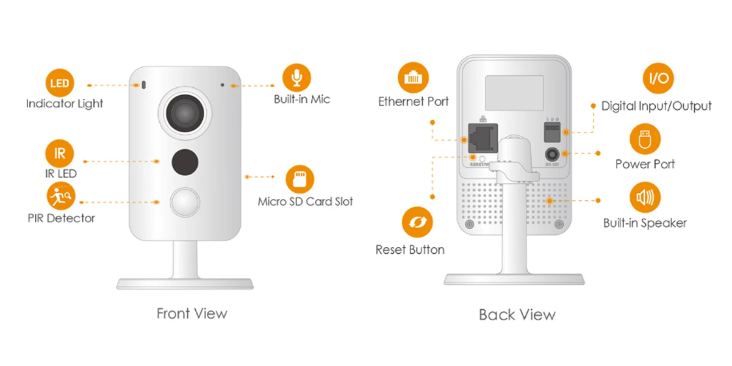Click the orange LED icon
pyautogui.click(x=60, y=83)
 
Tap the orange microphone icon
pyautogui.click(x=296, y=78)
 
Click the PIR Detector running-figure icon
pyautogui.click(x=60, y=195)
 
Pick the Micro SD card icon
pyautogui.click(x=300, y=179)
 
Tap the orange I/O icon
pyautogui.click(x=658, y=79)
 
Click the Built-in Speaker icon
pyautogui.click(x=645, y=198)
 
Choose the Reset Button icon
pyautogui.click(x=417, y=222)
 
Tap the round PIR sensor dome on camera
pyautogui.click(x=185, y=203)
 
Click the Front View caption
pyautogui.click(x=192, y=314)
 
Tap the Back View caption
pyautogui.click(x=517, y=315)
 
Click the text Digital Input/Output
pyautogui.click(x=656, y=106)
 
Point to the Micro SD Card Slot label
pyautogui.click(x=305, y=201)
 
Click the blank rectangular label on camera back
pyautogui.click(x=514, y=92)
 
